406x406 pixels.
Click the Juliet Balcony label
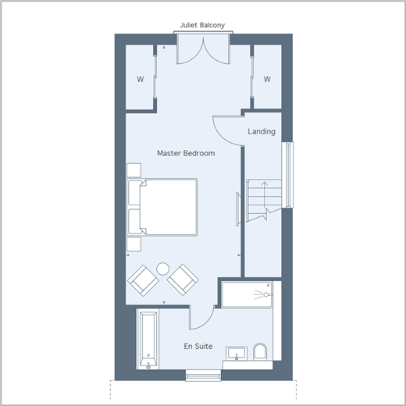pos(202,25)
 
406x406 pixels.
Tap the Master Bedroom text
pos(186,153)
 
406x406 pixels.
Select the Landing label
pos(262,131)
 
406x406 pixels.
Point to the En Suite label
pos(198,346)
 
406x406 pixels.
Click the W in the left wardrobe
pos(141,79)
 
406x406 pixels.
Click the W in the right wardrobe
pos(267,79)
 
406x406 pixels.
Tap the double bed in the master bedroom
pos(162,207)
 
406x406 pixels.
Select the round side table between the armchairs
pos(163,269)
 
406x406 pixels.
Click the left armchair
pos(143,280)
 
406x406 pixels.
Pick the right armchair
pos(183,280)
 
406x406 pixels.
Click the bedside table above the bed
pos(134,170)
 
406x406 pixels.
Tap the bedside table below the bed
pos(134,244)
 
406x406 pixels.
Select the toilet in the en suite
pos(260,352)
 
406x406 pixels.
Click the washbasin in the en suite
pos(237,354)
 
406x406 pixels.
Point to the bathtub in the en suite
pos(148,340)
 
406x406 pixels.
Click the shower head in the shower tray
pos(266,294)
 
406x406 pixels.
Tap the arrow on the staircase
pos(265,194)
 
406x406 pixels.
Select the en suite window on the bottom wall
pos(203,376)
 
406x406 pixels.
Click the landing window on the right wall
pos(287,175)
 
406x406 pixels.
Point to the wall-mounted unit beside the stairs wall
pos(237,209)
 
